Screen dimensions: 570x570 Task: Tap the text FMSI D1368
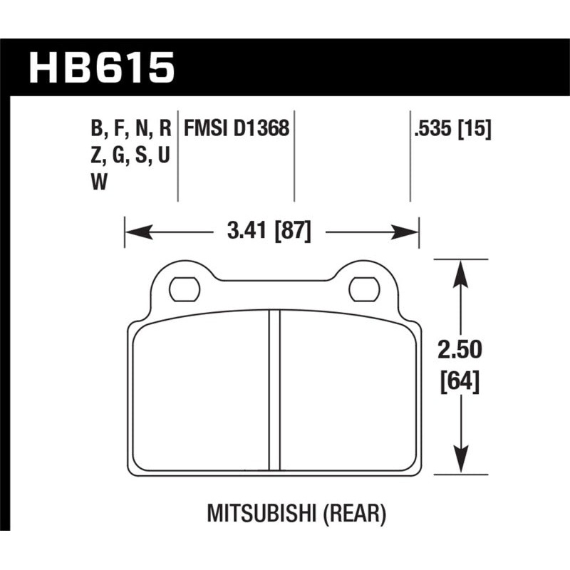pyautogui.click(x=237, y=129)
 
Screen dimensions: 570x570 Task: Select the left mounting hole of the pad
pyautogui.click(x=182, y=288)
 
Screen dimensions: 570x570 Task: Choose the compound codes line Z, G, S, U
pyautogui.click(x=130, y=157)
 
